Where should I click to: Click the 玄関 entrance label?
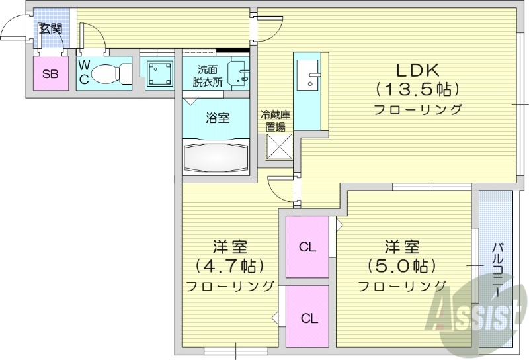click(x=50, y=28)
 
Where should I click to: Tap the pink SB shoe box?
click(x=50, y=73)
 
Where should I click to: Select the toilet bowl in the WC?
click(x=108, y=73)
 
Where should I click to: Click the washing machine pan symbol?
click(x=159, y=72)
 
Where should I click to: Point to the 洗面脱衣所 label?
click(x=208, y=76)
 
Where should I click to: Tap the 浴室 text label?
click(x=218, y=119)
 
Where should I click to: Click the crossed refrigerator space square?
click(x=280, y=146)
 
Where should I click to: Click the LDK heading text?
click(x=417, y=69)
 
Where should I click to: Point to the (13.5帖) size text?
click(x=417, y=89)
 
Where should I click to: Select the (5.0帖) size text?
click(x=401, y=266)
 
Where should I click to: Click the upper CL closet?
click(x=307, y=247)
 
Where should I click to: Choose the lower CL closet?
click(x=307, y=317)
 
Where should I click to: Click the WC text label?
click(x=84, y=70)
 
